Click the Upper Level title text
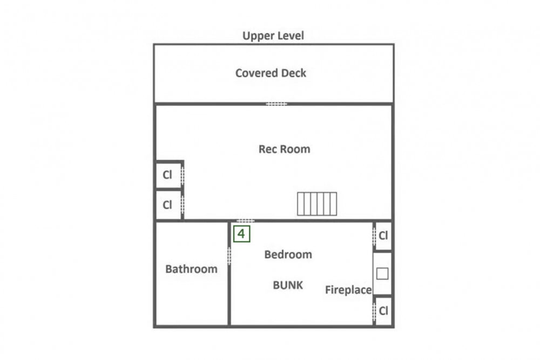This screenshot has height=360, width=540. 273,36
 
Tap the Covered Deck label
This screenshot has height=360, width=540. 271,73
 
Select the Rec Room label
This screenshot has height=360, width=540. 284,149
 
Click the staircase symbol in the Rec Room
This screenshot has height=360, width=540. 317,204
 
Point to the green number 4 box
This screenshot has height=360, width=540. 242,234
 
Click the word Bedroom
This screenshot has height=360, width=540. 288,254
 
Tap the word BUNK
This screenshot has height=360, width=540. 288,285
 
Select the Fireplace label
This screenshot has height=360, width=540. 348,290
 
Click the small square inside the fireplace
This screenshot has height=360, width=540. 382,274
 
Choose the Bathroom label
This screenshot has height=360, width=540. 191,269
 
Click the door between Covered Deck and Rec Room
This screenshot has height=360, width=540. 276,104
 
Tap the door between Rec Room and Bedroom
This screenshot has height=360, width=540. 246,221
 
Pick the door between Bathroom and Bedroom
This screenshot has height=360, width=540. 229,256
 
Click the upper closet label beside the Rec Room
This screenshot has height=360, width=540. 167,175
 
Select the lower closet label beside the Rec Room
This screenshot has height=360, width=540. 167,205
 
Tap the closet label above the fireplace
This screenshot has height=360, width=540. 383,236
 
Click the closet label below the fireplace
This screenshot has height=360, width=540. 383,311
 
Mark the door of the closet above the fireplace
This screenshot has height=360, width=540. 374,236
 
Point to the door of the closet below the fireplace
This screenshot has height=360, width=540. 374,311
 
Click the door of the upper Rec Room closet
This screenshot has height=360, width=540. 183,175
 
